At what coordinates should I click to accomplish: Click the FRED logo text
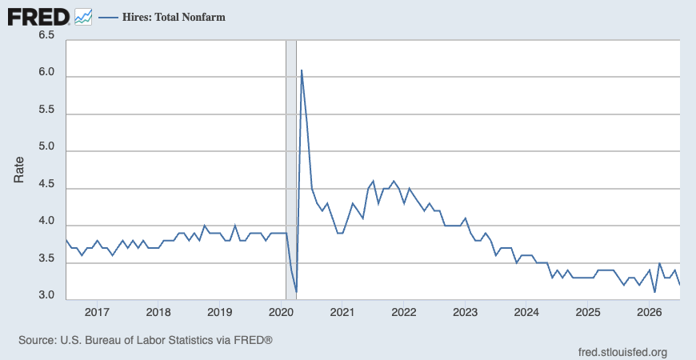38,18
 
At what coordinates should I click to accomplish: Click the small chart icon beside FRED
83,17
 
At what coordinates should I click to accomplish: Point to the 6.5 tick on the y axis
46,35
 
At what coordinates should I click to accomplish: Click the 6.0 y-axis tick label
46,73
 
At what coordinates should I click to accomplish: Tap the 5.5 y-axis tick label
46,110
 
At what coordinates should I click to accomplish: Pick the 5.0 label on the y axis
46,147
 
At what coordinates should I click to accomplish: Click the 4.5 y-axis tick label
46,185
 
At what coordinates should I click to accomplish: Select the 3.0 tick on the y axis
46,296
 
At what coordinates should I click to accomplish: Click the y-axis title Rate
18,170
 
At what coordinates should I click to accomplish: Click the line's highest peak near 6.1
302,70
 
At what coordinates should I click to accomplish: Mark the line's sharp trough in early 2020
296,292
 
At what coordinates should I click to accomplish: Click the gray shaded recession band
291,170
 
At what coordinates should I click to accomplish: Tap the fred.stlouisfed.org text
622,353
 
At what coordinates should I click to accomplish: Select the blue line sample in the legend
108,18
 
